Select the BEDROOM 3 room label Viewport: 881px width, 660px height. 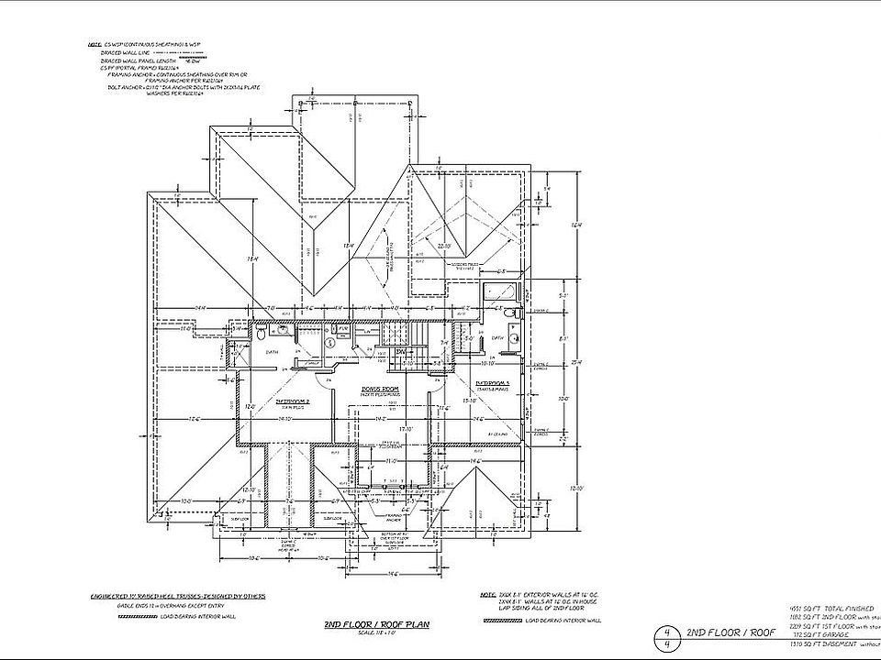coord(494,381)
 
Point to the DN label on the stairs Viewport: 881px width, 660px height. coord(401,351)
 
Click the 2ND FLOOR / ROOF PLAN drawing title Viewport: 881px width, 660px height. coord(376,625)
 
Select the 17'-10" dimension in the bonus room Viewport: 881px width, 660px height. coord(404,427)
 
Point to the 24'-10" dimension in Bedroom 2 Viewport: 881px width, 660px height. coord(284,419)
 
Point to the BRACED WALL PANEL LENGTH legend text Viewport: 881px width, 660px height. coord(137,61)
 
